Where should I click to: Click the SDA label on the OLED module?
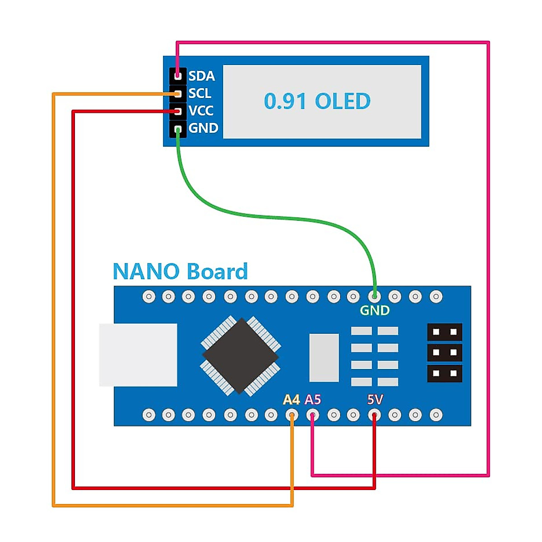click(201, 76)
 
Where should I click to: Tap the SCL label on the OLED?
click(200, 93)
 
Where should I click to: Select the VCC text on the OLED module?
click(201, 111)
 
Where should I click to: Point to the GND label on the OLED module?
click(203, 128)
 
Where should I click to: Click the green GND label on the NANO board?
click(374, 311)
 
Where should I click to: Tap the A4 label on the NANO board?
click(291, 400)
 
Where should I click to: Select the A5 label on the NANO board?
click(313, 400)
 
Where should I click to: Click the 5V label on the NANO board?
click(375, 400)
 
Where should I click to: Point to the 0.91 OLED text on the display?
click(317, 101)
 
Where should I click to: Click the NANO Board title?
click(180, 272)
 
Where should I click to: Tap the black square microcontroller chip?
click(241, 355)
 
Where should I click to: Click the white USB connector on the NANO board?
click(138, 355)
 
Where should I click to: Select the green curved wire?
click(271, 216)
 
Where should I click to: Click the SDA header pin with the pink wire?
click(178, 75)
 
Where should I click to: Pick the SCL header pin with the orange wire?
click(178, 93)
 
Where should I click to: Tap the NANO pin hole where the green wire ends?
click(374, 297)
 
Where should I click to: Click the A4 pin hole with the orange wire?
click(292, 415)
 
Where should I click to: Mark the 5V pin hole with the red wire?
click(374, 415)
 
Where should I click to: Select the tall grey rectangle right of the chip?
click(324, 358)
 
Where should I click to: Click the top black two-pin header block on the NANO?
click(444, 332)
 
